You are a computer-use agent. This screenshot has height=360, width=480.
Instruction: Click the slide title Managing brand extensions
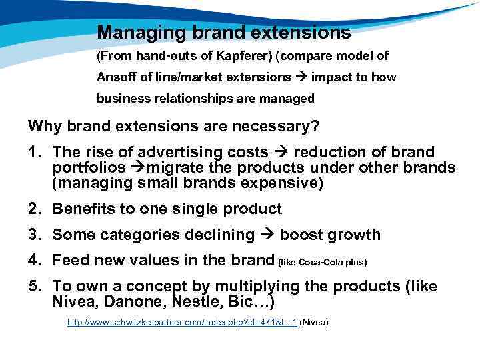pyautogui.click(x=223, y=32)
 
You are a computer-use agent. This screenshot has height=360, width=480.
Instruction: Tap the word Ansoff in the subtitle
pyautogui.click(x=116, y=77)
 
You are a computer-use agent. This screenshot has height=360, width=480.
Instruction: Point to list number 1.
pyautogui.click(x=36, y=153)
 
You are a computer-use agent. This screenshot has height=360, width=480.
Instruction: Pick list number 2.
pyautogui.click(x=36, y=209)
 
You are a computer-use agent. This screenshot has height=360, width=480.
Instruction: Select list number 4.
pyautogui.click(x=36, y=261)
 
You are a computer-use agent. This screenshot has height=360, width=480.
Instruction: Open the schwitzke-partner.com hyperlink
pyautogui.click(x=182, y=323)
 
